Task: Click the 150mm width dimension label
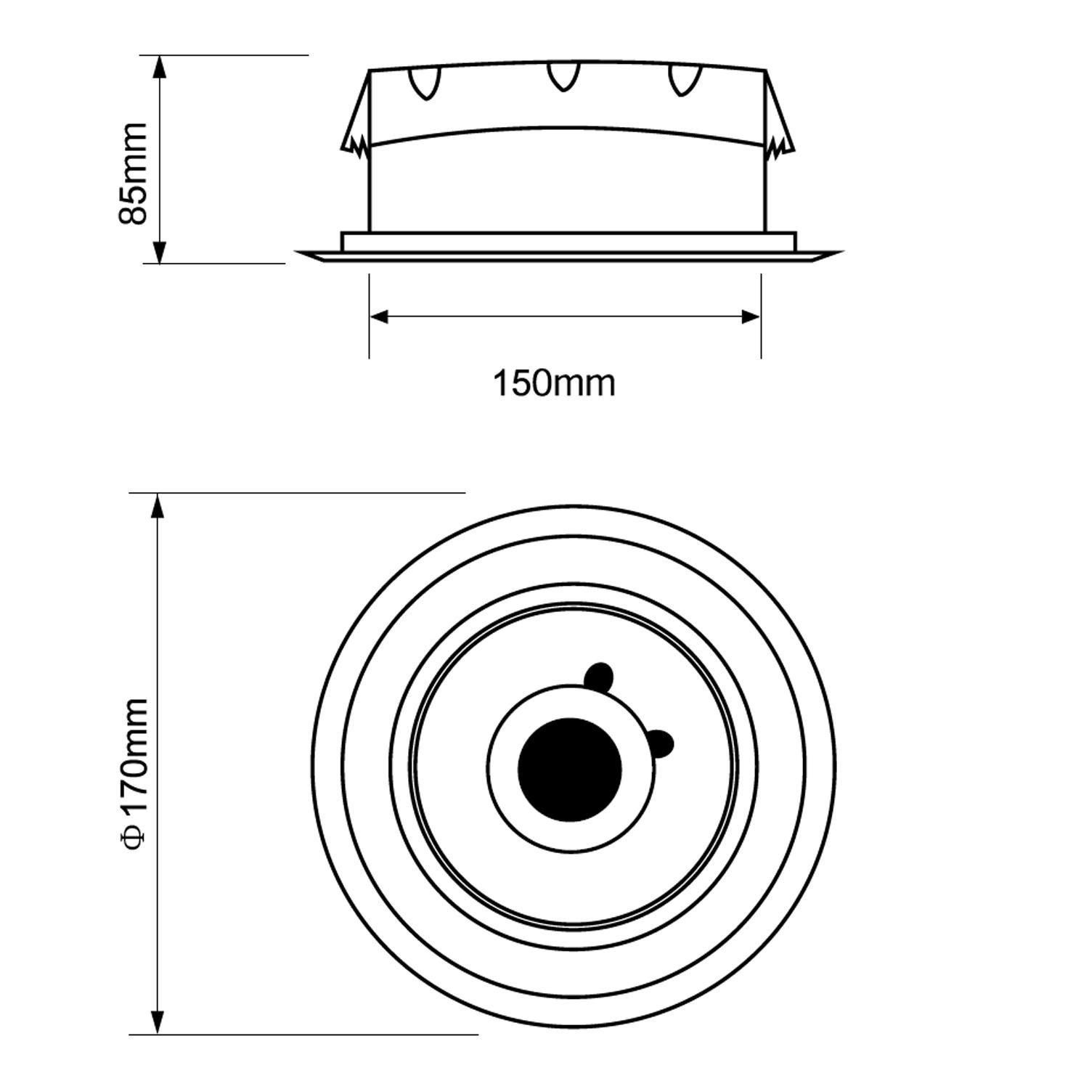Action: click(554, 383)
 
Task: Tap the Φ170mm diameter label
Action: click(135, 772)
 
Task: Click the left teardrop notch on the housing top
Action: click(425, 83)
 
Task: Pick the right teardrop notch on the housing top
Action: click(684, 81)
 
